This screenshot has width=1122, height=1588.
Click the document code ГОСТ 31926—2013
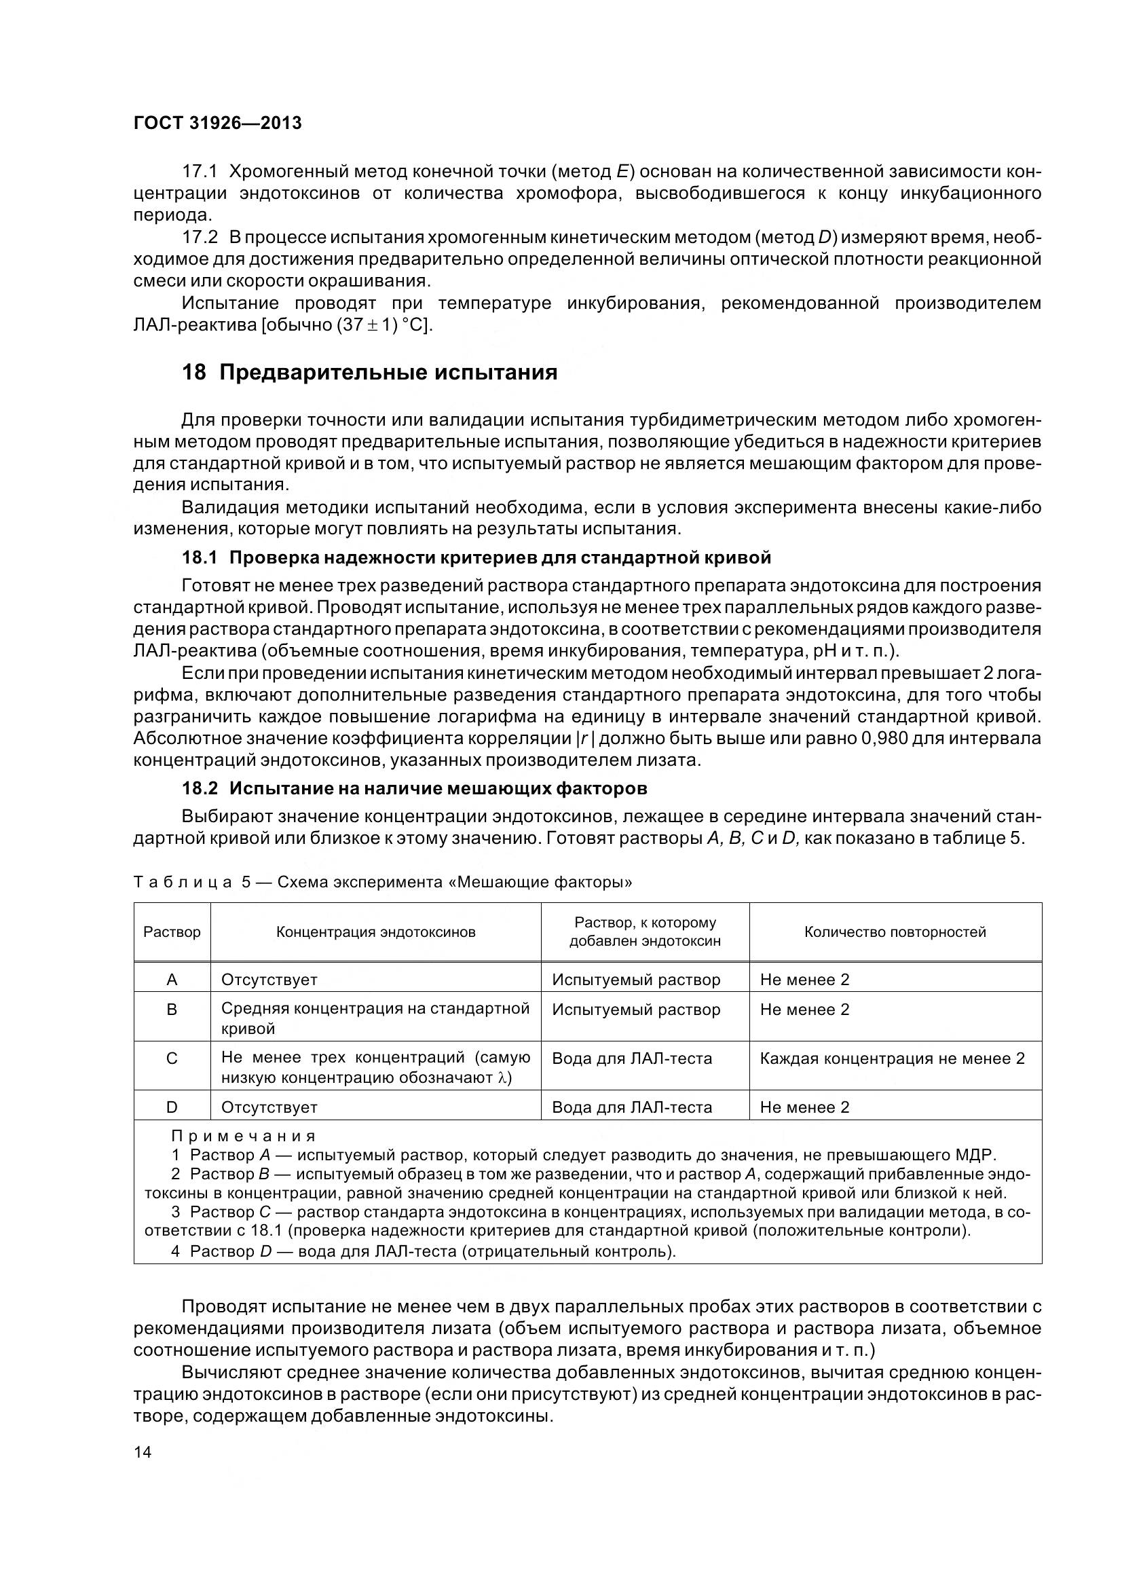pyautogui.click(x=217, y=123)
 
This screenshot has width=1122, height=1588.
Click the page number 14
pyautogui.click(x=143, y=1452)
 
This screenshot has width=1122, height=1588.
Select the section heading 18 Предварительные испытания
pyautogui.click(x=369, y=373)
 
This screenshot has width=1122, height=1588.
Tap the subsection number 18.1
pyautogui.click(x=199, y=557)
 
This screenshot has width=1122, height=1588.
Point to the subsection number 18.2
pyautogui.click(x=199, y=788)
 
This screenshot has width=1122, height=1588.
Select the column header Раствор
pyautogui.click(x=172, y=931)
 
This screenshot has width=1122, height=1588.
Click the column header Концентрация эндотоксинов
pyautogui.click(x=375, y=931)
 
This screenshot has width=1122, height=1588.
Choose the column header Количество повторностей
pyautogui.click(x=895, y=931)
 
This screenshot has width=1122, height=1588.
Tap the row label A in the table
pyautogui.click(x=172, y=980)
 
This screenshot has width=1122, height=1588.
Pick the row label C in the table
pyautogui.click(x=172, y=1058)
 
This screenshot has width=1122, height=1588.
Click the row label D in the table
pyautogui.click(x=172, y=1107)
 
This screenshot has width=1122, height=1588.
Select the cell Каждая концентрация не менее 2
pyautogui.click(x=892, y=1058)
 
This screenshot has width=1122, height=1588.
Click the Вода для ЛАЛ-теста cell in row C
pyautogui.click(x=631, y=1058)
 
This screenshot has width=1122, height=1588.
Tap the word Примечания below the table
pyautogui.click(x=244, y=1137)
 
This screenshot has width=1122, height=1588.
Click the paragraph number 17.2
pyautogui.click(x=199, y=237)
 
